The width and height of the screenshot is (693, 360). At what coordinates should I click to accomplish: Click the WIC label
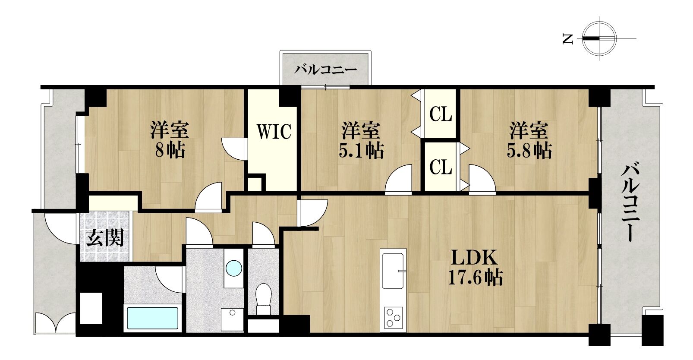pyautogui.click(x=274, y=131)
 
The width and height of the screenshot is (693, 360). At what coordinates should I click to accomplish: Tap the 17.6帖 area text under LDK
pyautogui.click(x=476, y=278)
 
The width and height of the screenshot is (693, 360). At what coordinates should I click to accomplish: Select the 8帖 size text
pyautogui.click(x=170, y=150)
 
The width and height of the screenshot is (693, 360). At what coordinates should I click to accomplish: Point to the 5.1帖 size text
pyautogui.click(x=361, y=151)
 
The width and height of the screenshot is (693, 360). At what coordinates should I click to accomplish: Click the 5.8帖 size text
pyautogui.click(x=529, y=151)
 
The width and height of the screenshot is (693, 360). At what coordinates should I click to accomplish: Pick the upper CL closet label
pyautogui.click(x=441, y=114)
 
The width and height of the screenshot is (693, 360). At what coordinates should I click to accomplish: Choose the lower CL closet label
pyautogui.click(x=441, y=167)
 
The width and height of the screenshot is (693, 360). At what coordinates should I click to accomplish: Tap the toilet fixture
pyautogui.click(x=264, y=299)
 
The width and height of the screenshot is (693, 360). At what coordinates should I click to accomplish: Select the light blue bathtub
pyautogui.click(x=153, y=318)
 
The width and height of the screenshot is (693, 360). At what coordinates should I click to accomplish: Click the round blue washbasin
pyautogui.click(x=234, y=268)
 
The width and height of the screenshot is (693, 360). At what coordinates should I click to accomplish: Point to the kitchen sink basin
pyautogui.click(x=393, y=271)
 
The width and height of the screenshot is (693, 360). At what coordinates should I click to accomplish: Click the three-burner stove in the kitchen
pyautogui.click(x=393, y=317)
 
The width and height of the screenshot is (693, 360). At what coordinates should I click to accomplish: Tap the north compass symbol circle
pyautogui.click(x=599, y=39)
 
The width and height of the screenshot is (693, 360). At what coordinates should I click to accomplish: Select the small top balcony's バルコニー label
pyautogui.click(x=325, y=69)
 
